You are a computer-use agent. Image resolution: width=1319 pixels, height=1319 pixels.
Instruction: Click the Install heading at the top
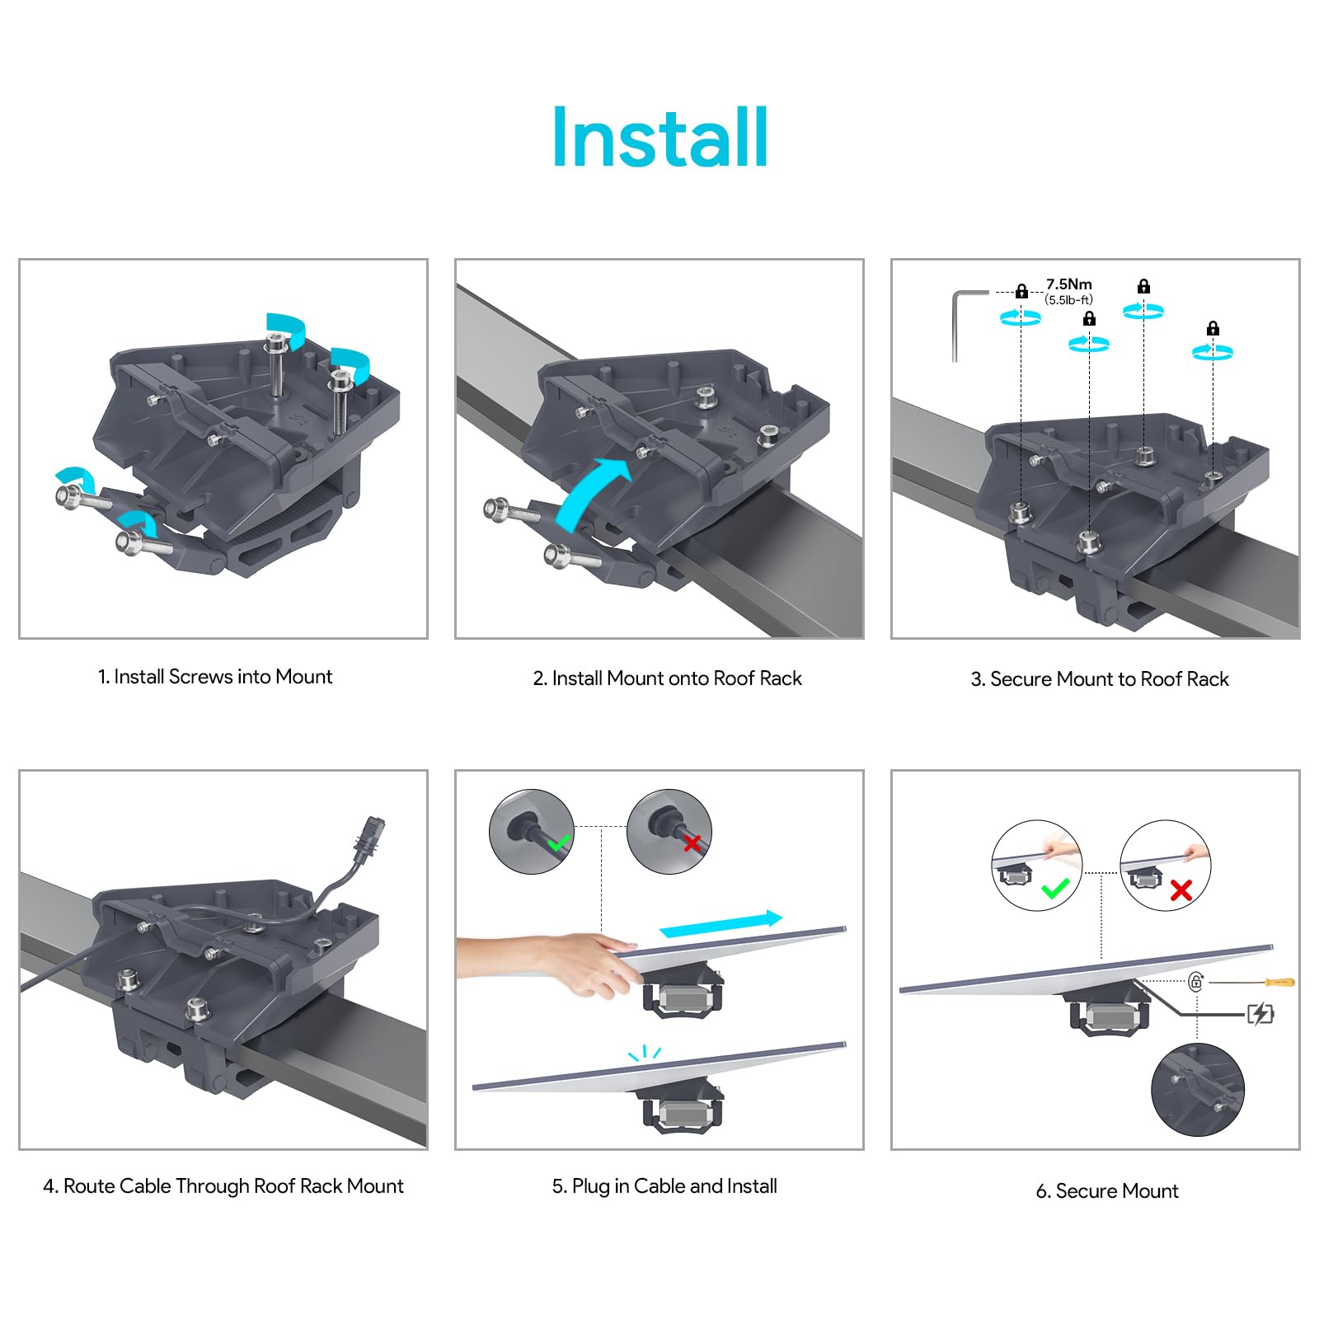tap(659, 138)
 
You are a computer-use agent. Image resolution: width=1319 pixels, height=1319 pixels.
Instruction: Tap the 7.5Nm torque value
tap(1068, 284)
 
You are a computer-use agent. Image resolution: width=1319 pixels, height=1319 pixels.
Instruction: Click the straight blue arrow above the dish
tap(721, 924)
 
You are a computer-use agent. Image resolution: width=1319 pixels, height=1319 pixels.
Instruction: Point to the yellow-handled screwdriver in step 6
tap(1277, 982)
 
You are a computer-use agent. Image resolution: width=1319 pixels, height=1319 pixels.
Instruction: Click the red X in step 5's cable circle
tap(692, 843)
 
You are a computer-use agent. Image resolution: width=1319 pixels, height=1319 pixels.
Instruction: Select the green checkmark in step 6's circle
tap(1054, 889)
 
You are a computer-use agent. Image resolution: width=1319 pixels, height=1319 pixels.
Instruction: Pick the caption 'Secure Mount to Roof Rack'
tap(1099, 679)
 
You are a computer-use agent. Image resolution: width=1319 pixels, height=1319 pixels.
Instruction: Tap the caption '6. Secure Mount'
tap(1106, 1191)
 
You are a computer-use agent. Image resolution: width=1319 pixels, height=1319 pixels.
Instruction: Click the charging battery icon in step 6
tap(1260, 1013)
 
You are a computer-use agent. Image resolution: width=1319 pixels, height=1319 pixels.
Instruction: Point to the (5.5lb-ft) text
tap(1068, 300)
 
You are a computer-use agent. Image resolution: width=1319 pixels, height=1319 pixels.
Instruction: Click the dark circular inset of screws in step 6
tap(1197, 1089)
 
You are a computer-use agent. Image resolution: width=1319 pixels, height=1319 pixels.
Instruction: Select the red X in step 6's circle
tap(1181, 890)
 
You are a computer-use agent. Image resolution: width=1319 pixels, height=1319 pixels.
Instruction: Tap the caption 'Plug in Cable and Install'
tap(664, 1186)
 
